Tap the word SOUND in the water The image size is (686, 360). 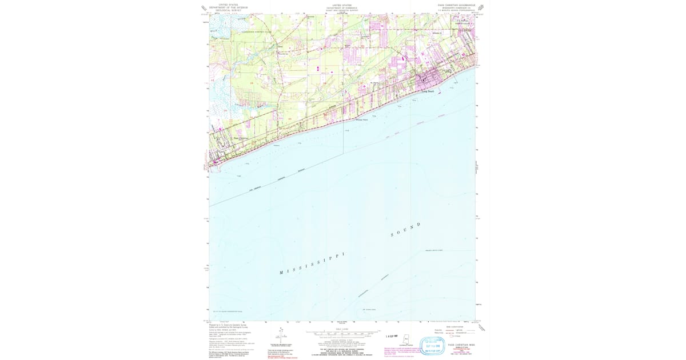(x=405, y=229)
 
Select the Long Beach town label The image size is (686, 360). (x=428, y=91)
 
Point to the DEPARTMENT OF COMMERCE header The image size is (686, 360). (x=342, y=7)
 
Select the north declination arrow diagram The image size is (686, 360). (x=280, y=334)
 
